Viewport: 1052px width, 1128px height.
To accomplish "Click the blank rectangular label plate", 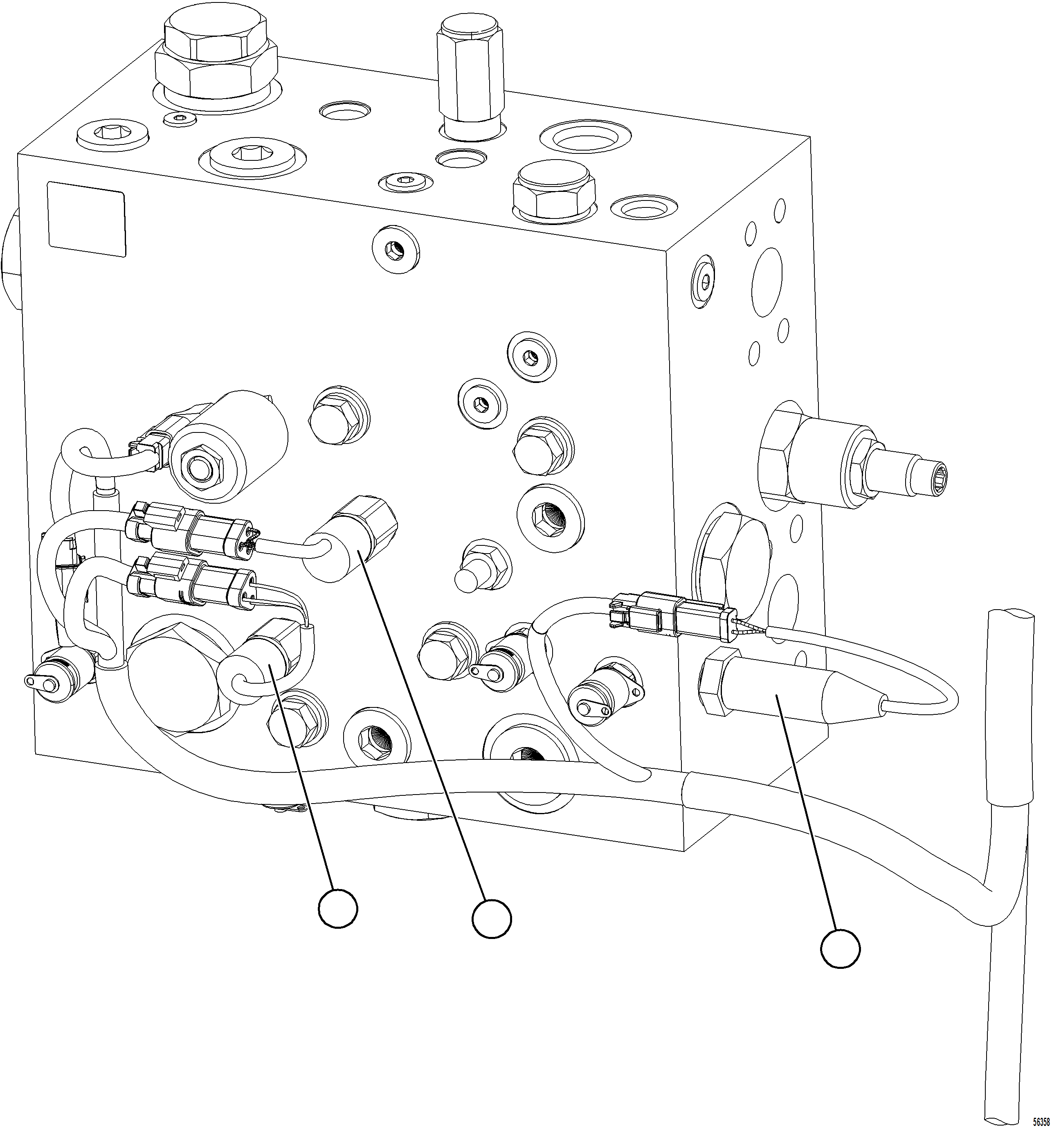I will [x=86, y=219].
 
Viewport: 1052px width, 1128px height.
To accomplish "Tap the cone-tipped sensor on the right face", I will [x=794, y=689].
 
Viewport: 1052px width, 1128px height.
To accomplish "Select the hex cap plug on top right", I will [x=553, y=190].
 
